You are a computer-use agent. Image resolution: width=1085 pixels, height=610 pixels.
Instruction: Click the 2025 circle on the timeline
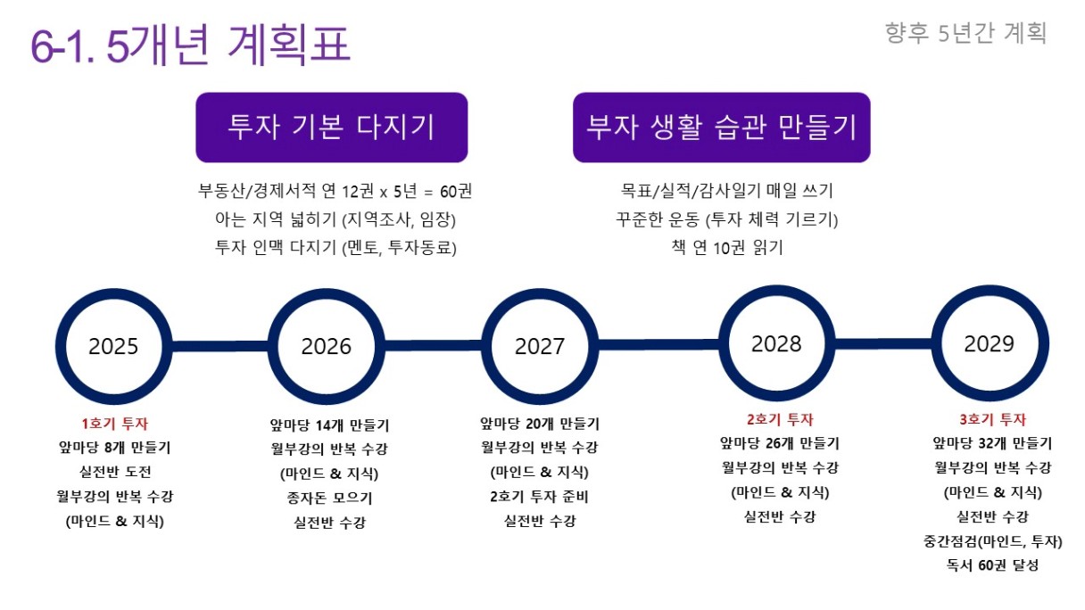tap(60, 347)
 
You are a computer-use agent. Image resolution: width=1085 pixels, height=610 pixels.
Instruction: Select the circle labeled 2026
tap(273, 347)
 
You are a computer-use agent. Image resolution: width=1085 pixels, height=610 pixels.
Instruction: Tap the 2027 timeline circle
tap(486, 347)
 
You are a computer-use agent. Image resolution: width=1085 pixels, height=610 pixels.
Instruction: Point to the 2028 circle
tap(724, 343)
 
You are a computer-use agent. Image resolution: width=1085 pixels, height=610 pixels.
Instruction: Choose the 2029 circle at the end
tap(937, 343)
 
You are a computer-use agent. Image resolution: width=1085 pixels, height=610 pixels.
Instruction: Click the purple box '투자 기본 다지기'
tap(332, 128)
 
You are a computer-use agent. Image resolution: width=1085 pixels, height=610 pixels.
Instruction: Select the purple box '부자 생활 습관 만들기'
tap(722, 128)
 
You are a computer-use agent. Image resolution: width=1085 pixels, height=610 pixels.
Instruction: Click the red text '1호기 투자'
tap(115, 424)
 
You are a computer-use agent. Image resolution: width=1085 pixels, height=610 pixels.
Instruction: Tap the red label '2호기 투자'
tap(780, 419)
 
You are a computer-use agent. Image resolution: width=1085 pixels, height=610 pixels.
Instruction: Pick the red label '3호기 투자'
tap(993, 419)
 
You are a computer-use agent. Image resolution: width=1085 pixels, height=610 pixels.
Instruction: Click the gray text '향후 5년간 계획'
tap(966, 33)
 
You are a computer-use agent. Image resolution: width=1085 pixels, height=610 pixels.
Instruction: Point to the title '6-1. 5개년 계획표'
tap(190, 45)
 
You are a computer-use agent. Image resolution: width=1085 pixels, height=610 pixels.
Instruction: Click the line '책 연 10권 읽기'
tap(727, 247)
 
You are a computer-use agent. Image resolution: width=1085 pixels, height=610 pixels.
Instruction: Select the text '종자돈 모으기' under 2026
tap(329, 498)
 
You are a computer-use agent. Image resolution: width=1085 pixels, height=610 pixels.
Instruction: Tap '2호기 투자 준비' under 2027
tap(539, 496)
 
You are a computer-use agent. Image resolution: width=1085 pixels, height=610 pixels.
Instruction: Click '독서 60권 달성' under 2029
tap(993, 565)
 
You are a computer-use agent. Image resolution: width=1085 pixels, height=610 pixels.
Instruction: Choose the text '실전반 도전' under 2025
tap(115, 471)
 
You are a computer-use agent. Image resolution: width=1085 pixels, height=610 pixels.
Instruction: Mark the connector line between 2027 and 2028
tap(658, 345)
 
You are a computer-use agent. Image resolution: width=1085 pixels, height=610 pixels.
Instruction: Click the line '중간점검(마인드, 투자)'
tap(993, 540)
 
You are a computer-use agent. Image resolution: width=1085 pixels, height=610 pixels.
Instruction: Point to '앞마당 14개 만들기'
tap(329, 425)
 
